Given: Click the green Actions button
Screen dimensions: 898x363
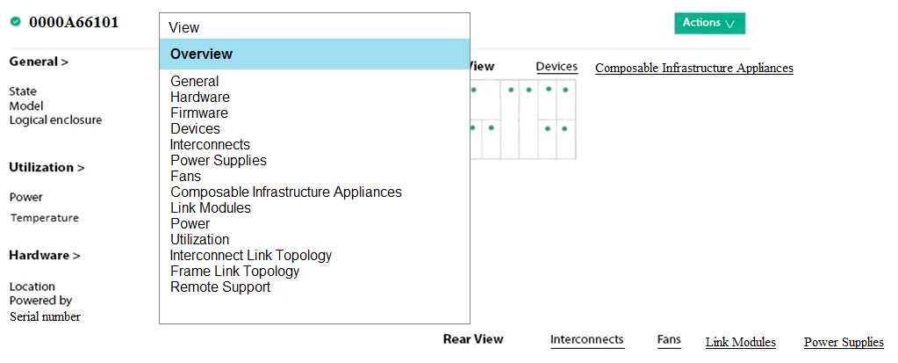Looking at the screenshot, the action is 709,24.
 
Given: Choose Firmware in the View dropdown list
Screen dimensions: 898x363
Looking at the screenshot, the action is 198,113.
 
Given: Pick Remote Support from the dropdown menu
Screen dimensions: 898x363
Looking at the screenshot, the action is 220,287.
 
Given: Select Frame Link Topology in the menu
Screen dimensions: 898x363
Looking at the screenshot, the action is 234,271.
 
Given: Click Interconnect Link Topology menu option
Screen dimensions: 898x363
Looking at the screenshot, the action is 251,255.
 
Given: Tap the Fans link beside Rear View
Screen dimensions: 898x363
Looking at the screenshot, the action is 669,339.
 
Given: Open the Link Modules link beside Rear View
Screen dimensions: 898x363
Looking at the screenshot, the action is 741,343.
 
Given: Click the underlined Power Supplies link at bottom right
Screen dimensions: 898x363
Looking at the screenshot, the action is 844,343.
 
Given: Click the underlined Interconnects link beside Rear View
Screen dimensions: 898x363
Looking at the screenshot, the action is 587,339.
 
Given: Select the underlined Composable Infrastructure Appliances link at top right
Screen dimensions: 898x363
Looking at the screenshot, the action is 694,69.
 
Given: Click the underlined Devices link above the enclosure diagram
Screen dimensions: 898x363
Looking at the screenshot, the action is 557,67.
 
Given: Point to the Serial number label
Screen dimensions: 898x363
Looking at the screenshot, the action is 45,316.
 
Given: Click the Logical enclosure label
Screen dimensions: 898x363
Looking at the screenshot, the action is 55,120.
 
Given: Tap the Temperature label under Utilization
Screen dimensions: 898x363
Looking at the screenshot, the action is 44,218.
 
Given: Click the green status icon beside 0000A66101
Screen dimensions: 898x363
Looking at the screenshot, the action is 16,22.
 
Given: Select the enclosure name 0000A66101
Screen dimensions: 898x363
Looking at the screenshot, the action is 74,22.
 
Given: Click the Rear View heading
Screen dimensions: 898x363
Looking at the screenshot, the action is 473,339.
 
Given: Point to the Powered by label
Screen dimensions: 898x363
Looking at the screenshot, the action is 40,301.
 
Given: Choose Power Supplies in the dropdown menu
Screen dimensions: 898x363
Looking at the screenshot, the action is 219,161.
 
